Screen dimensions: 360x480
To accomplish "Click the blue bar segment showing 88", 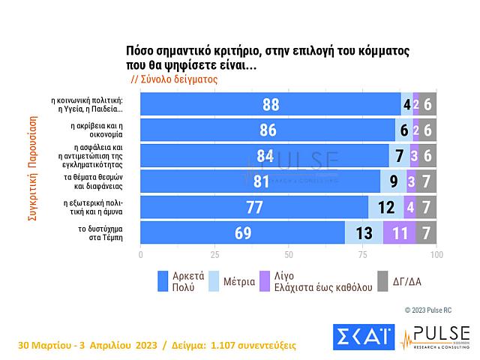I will click(270, 105).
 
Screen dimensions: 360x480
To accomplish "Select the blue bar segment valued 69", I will click(242, 232).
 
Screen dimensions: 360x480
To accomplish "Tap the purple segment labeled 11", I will click(400, 232).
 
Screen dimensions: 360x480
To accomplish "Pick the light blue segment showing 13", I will click(364, 232).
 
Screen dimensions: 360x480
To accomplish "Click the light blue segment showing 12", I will click(385, 206).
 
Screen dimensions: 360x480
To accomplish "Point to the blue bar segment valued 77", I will click(253, 206).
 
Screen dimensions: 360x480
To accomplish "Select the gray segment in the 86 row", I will click(427, 130).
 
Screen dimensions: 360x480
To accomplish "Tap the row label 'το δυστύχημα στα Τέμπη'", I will click(102, 232).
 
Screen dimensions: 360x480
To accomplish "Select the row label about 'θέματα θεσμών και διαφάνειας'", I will click(102, 181).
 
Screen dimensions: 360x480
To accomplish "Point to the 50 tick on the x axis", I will click(288, 254).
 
